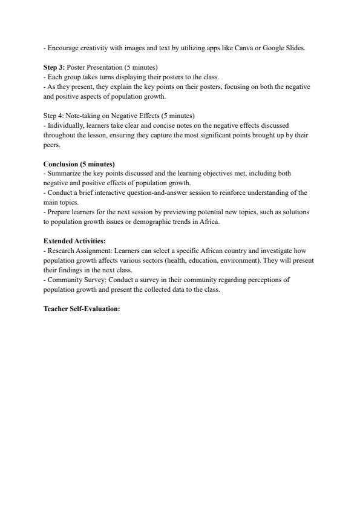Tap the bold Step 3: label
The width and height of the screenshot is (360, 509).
(54, 67)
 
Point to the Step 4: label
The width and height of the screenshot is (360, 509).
(53, 116)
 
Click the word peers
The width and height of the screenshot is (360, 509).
(51, 145)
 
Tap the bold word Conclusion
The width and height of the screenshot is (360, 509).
(61, 164)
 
